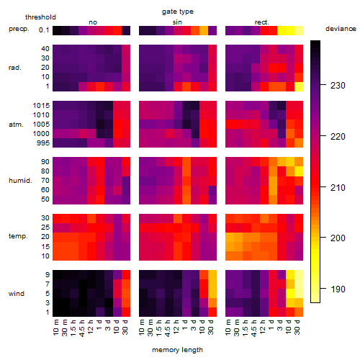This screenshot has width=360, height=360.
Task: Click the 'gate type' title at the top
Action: tap(178, 12)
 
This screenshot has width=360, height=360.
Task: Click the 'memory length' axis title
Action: tap(177, 350)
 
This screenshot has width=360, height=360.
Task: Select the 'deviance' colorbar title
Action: tap(341, 29)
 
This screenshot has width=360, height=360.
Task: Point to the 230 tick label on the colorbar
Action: tap(338, 86)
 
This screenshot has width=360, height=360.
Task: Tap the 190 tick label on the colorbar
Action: tap(338, 289)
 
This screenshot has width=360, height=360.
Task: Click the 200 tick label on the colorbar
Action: tap(338, 238)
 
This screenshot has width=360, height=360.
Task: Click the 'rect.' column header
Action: tap(262, 22)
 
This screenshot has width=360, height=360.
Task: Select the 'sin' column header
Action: tap(177, 22)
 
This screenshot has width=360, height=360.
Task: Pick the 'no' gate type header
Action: tap(93, 22)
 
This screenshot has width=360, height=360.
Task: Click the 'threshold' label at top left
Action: tap(40, 17)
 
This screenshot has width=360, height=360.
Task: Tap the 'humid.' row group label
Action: tap(20, 181)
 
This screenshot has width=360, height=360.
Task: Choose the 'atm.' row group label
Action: tap(16, 125)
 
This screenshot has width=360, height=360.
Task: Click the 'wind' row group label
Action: tap(17, 294)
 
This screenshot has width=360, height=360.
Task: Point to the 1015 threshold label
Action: tap(41, 106)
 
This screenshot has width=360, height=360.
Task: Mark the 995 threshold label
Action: tap(43, 143)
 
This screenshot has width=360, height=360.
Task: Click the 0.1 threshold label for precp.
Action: tap(44, 30)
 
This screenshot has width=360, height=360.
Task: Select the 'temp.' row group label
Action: tap(18, 236)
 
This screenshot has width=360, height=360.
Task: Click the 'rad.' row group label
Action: tap(15, 68)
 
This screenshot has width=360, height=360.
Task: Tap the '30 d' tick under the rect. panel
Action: tap(297, 327)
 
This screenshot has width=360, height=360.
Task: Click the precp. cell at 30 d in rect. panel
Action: tap(299, 31)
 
